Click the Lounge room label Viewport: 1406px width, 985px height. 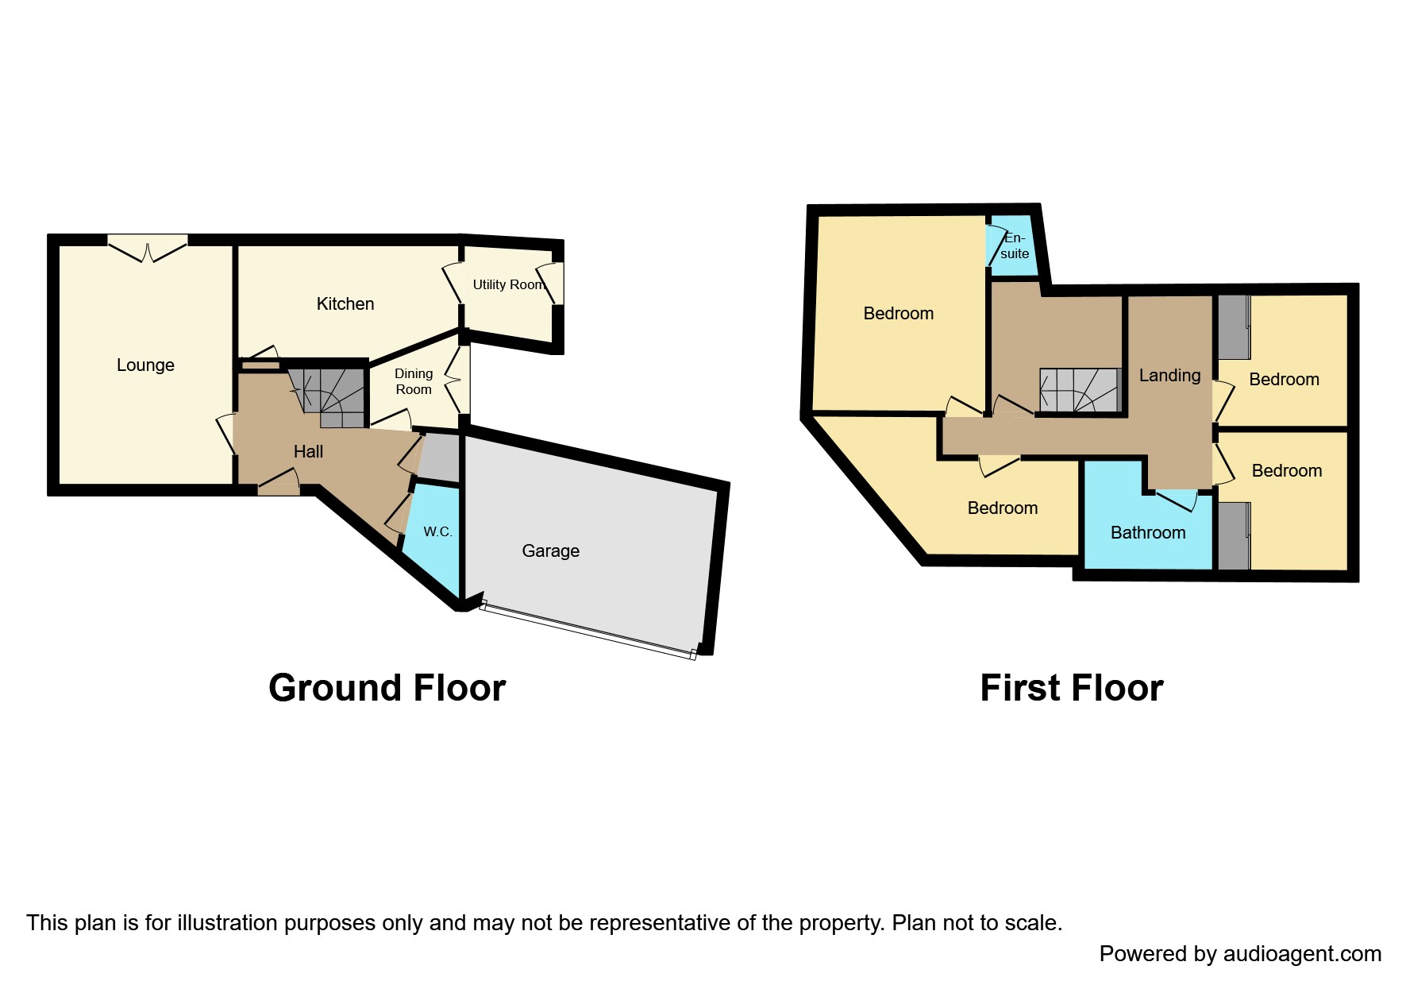tap(145, 365)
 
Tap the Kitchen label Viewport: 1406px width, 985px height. tap(345, 303)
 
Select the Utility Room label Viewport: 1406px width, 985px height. tap(508, 284)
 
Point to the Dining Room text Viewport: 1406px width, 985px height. tap(414, 381)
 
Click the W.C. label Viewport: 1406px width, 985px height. tap(437, 531)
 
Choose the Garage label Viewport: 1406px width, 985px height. tap(550, 550)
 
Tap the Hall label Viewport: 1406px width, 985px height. tap(308, 451)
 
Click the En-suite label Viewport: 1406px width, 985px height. tap(1015, 245)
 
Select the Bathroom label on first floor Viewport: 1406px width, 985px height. tap(1147, 533)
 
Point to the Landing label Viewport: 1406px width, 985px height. tap(1169, 375)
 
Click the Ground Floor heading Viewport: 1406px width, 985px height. tap(387, 687)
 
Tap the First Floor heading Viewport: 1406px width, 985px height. tap(1071, 687)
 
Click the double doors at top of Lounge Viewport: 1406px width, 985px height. tap(148, 248)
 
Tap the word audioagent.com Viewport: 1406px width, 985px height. tap(1302, 953)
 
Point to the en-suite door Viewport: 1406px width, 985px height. tap(993, 245)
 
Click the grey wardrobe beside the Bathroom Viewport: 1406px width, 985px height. tap(1233, 536)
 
